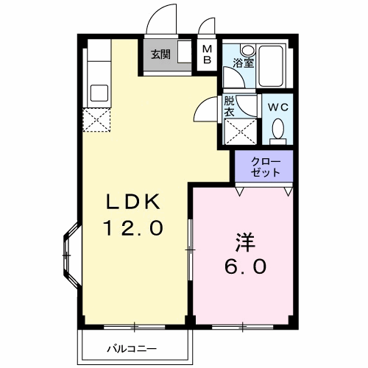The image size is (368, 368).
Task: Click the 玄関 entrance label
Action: pyautogui.click(x=160, y=54)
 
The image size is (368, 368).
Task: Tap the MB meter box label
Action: pyautogui.click(x=208, y=54)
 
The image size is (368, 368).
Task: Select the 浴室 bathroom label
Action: pyautogui.click(x=243, y=63)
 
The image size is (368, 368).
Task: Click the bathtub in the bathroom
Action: pyautogui.click(x=271, y=66)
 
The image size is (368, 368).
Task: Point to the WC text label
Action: pyautogui.click(x=277, y=107)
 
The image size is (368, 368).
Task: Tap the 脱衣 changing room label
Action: pyautogui.click(x=229, y=107)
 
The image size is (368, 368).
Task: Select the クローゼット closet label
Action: pyautogui.click(x=266, y=167)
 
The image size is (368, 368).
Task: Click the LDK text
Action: pyautogui.click(x=133, y=202)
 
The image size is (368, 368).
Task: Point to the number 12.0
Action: pyautogui.click(x=133, y=228)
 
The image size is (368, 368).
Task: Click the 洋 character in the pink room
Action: pyautogui.click(x=245, y=242)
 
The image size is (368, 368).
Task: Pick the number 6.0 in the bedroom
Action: pyautogui.click(x=245, y=266)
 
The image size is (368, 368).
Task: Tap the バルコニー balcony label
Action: pyautogui.click(x=132, y=349)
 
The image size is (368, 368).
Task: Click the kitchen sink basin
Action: pyautogui.click(x=99, y=93)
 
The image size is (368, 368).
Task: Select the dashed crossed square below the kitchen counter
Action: pyautogui.click(x=96, y=120)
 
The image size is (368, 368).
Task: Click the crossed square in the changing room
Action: pyautogui.click(x=241, y=131)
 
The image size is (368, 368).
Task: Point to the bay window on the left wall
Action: pyautogui.click(x=71, y=255)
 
